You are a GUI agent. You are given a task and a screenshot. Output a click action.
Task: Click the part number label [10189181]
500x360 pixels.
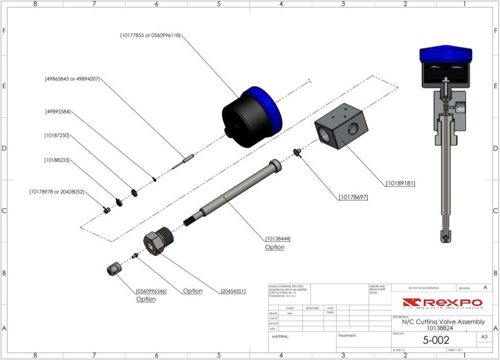(x=400, y=183)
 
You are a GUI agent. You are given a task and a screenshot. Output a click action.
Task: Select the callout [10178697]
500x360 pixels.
(x=353, y=197)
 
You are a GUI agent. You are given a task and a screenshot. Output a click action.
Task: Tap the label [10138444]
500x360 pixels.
(x=278, y=238)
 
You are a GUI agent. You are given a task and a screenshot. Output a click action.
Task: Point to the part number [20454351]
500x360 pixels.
(x=233, y=291)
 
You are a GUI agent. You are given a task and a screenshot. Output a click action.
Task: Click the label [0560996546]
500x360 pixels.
(x=151, y=291)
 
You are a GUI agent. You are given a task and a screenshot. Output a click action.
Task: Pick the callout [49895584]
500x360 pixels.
(x=57, y=111)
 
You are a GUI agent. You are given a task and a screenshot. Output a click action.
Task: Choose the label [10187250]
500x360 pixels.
(x=56, y=135)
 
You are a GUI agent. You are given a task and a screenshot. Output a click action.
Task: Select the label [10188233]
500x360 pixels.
(x=56, y=160)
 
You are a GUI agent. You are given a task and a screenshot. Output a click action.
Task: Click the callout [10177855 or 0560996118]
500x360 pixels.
(x=151, y=35)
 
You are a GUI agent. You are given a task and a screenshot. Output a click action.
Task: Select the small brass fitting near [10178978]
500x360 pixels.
(x=106, y=210)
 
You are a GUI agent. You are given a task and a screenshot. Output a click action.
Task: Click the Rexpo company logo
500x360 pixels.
(x=442, y=304)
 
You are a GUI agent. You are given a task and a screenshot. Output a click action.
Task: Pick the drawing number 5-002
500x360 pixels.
(x=436, y=340)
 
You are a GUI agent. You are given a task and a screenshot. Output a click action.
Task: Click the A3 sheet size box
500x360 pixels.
(x=484, y=337)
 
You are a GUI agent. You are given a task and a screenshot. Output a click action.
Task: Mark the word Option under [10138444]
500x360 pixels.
(x=275, y=247)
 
